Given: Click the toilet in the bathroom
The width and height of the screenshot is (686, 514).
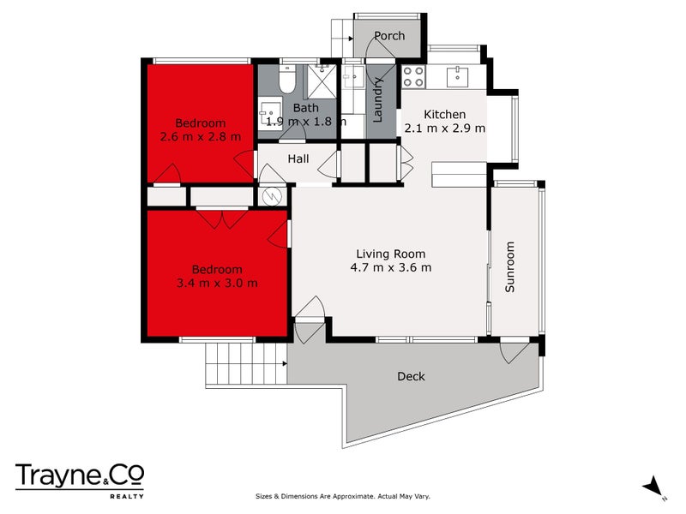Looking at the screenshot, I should (287, 81).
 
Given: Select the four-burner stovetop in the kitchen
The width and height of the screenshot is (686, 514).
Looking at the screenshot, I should (413, 76).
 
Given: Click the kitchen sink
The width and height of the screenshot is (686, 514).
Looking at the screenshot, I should (458, 75).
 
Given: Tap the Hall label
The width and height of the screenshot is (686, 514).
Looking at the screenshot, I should (298, 158).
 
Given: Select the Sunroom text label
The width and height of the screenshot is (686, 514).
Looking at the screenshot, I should (510, 267).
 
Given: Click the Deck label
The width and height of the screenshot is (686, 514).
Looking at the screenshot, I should (411, 376).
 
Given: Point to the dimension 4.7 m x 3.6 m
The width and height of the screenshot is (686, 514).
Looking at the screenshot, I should (391, 267).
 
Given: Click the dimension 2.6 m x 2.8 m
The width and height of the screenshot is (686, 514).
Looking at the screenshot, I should (201, 135).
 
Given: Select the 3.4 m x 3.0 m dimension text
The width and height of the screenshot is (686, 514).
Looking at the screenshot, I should (217, 283).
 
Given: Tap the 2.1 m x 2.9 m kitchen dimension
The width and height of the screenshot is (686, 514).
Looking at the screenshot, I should (445, 128).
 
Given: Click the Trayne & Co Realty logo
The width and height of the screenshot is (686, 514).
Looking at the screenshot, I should (80, 478).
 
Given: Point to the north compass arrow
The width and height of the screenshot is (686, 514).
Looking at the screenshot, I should (654, 486).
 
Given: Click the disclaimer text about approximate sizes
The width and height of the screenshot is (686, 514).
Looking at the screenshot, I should (343, 496).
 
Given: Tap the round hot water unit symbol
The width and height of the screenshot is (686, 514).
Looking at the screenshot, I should (272, 197).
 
